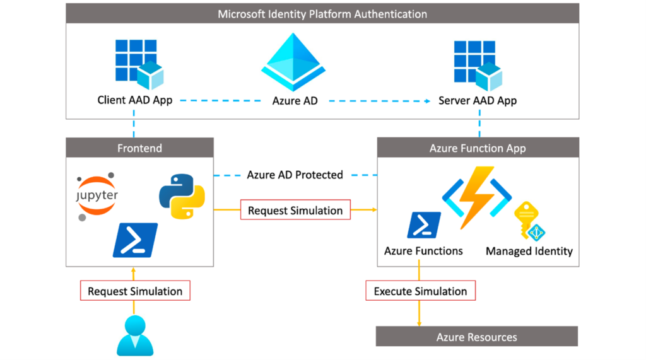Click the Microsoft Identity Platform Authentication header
click(322, 14)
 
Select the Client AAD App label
click(134, 100)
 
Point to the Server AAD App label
click(478, 100)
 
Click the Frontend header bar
click(139, 148)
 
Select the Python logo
click(182, 196)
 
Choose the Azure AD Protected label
click(295, 175)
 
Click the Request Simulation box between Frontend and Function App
click(295, 210)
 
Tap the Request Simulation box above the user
click(135, 291)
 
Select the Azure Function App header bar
click(478, 148)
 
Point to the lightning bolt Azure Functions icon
click(477, 196)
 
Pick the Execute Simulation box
click(420, 291)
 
